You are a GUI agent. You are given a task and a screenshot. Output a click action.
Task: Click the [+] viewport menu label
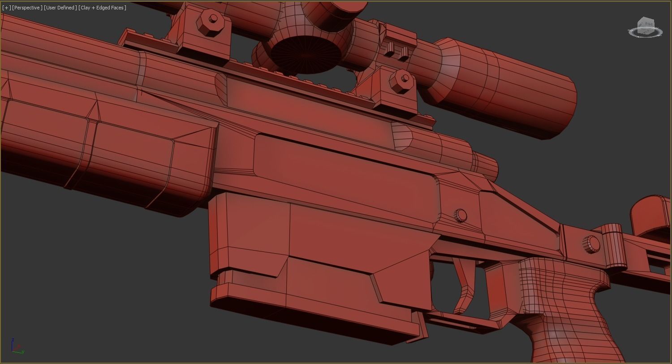pyautogui.click(x=6, y=8)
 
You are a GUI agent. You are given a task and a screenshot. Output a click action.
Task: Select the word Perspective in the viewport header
pyautogui.click(x=27, y=8)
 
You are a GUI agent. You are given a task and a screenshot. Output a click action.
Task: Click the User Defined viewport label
pyautogui.click(x=60, y=8)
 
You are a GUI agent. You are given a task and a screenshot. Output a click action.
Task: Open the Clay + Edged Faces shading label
pyautogui.click(x=102, y=8)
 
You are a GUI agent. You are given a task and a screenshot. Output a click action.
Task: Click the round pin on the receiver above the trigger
pyautogui.click(x=460, y=216)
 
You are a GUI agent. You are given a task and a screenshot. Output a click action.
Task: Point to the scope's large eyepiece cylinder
pyautogui.click(x=506, y=87)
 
